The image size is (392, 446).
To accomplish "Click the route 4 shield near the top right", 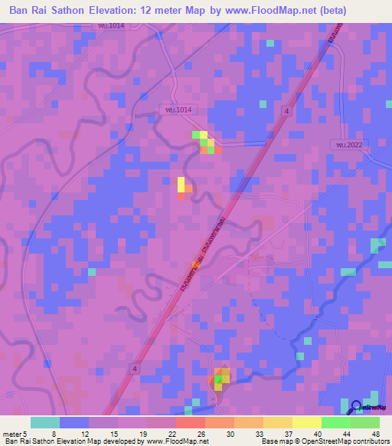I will coord(286,111).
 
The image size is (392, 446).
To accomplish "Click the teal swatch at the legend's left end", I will coord(45,422).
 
